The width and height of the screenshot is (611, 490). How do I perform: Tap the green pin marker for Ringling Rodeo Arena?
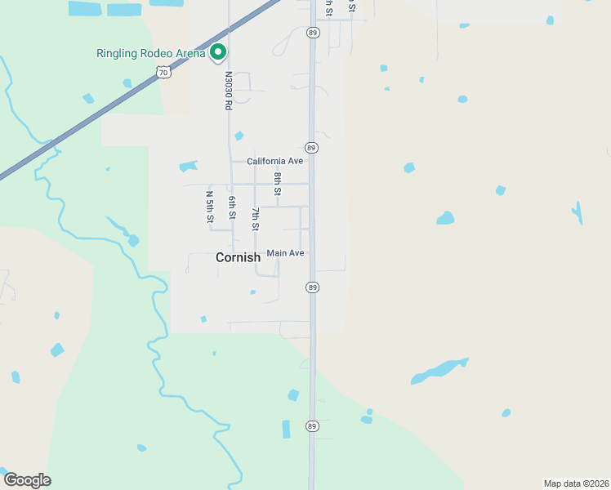(x=218, y=52)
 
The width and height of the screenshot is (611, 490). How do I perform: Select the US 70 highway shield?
(x=164, y=73)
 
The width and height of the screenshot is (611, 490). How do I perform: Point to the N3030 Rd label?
(x=229, y=89)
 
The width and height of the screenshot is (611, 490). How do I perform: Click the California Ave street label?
(x=275, y=161)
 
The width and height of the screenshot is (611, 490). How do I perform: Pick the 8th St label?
(x=278, y=184)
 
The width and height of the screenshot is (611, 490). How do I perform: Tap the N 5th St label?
(x=210, y=207)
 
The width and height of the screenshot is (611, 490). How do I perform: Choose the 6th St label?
(x=232, y=207)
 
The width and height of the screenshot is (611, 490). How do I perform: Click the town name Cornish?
(x=238, y=257)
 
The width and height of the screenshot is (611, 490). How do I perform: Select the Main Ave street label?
(x=286, y=253)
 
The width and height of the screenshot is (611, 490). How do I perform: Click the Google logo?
(x=27, y=480)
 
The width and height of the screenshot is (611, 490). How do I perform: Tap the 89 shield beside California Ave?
(x=312, y=148)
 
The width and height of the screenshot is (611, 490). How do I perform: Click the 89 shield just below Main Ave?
(x=312, y=287)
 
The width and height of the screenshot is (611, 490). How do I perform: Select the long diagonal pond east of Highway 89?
(x=439, y=371)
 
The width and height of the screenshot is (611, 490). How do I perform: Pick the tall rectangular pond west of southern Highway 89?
(x=286, y=429)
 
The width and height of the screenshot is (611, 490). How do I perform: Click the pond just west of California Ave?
(x=189, y=167)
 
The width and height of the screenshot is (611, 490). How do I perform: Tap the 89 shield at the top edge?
(x=313, y=33)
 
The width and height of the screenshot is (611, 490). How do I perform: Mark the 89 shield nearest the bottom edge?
(x=312, y=426)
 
